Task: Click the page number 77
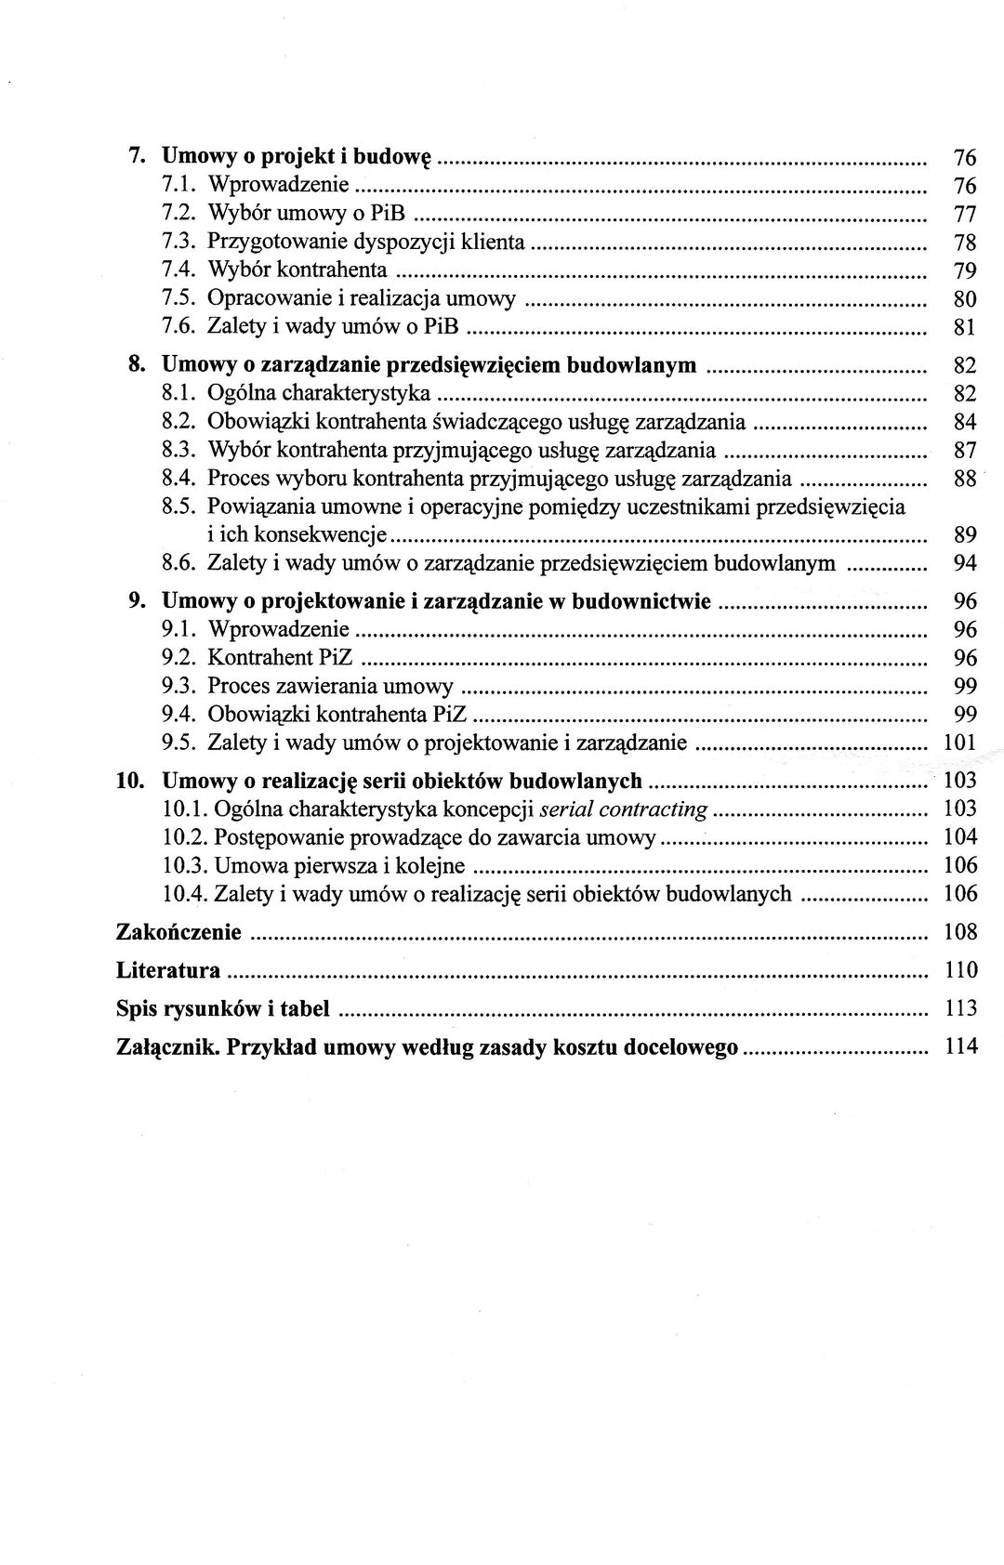click(x=965, y=215)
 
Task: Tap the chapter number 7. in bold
click(x=135, y=156)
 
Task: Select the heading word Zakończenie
click(x=178, y=932)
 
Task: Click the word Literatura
click(x=168, y=971)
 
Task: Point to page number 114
click(x=961, y=1047)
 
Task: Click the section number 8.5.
click(x=177, y=507)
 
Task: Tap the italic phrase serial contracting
click(x=625, y=809)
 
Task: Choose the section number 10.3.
click(x=182, y=866)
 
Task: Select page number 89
click(x=965, y=535)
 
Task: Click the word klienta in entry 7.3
click(x=495, y=243)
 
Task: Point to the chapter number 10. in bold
click(x=128, y=780)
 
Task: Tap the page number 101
click(x=961, y=743)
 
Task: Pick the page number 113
click(x=961, y=1009)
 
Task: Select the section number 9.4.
click(x=177, y=715)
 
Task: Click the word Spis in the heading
click(x=136, y=1009)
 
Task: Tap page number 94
click(x=965, y=564)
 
